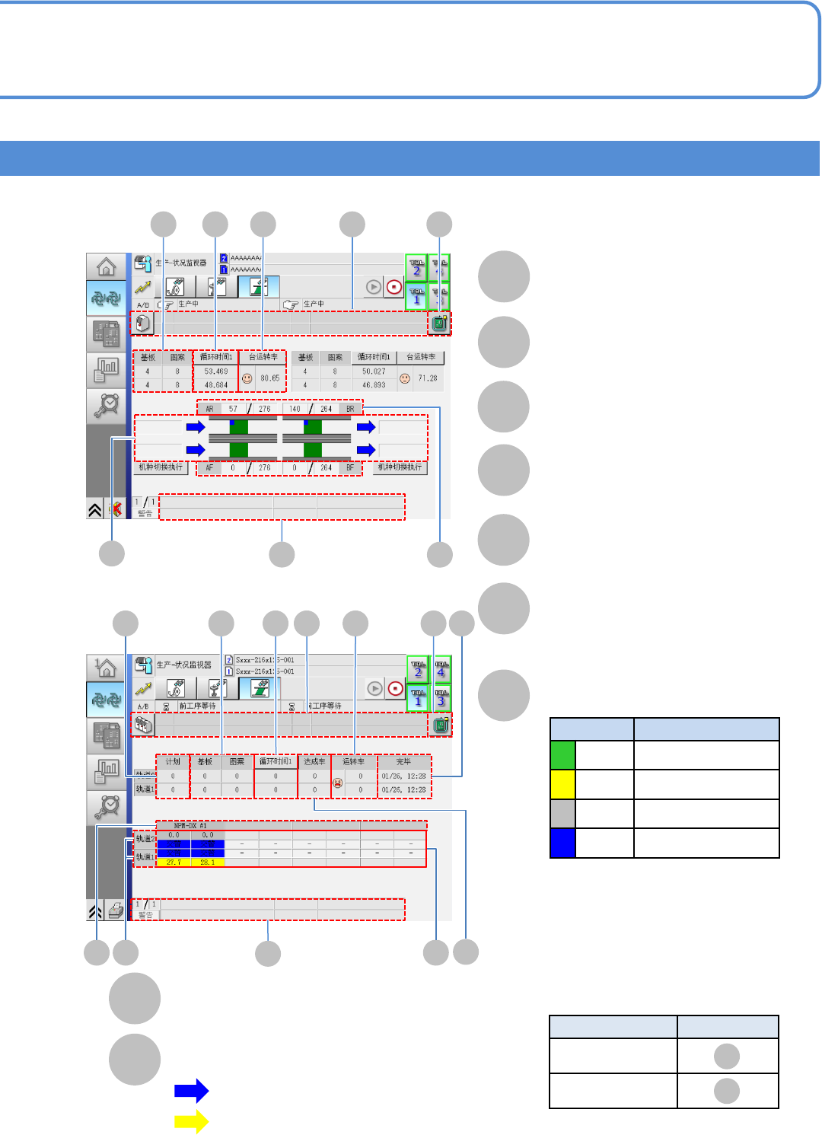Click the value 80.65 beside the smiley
coord(270,378)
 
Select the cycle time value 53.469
coord(216,371)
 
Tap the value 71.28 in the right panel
coord(428,378)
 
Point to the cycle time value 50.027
coord(374,371)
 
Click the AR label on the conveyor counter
coord(210,409)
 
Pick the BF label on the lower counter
coord(350,467)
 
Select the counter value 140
coord(295,409)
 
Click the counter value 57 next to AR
coord(233,409)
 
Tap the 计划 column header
coord(173,761)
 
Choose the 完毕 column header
coord(403,761)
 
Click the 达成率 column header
coord(314,761)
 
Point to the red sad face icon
coord(338,783)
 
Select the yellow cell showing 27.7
coord(174,862)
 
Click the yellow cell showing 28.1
coord(207,862)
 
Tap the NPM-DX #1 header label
coord(190,825)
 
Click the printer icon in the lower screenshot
coord(116,910)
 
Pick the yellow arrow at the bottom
coord(191,1121)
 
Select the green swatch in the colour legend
coord(562,755)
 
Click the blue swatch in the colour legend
coord(562,843)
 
